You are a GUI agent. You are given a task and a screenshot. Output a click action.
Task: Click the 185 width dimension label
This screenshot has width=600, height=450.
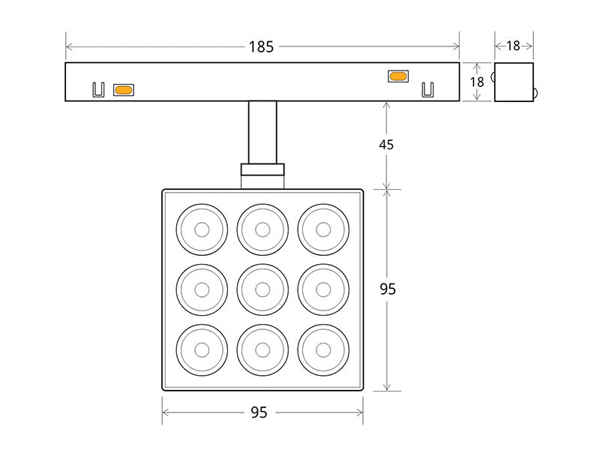261,46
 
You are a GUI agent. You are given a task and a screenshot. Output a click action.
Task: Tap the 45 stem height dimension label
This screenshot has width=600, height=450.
386,144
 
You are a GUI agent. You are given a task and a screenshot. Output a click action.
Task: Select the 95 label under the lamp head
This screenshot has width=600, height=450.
259,412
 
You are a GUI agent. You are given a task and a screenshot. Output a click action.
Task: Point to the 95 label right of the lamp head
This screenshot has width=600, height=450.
387,289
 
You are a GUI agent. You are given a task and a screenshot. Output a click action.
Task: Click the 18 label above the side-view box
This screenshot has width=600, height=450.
513,46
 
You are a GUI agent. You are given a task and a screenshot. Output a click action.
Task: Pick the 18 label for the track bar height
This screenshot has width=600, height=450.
477,82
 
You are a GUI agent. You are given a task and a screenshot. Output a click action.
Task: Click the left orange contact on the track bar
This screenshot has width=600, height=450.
123,90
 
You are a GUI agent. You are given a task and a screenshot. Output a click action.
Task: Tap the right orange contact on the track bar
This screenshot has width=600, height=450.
397,76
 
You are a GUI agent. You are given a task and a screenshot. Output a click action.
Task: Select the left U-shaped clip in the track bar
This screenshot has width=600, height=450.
97,89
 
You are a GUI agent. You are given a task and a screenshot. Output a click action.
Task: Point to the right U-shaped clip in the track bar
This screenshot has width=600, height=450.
427,89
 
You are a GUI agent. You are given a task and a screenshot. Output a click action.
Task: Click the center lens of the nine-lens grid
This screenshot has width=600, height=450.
262,289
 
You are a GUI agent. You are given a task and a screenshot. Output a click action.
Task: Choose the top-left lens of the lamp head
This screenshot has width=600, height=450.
202,229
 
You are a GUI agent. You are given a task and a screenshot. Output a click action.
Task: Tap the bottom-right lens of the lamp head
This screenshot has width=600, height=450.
323,349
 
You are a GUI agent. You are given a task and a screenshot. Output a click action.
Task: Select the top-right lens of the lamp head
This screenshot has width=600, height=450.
323,229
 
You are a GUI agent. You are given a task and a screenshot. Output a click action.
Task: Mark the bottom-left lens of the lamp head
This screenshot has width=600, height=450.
202,349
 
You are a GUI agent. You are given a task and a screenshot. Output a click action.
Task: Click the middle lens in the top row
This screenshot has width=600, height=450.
262,229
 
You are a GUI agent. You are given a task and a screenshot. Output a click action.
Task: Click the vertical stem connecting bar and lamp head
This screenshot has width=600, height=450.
262,132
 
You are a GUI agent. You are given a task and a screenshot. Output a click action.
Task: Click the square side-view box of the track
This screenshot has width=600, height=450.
514,82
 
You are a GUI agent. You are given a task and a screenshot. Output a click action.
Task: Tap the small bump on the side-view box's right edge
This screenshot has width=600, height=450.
535,94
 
